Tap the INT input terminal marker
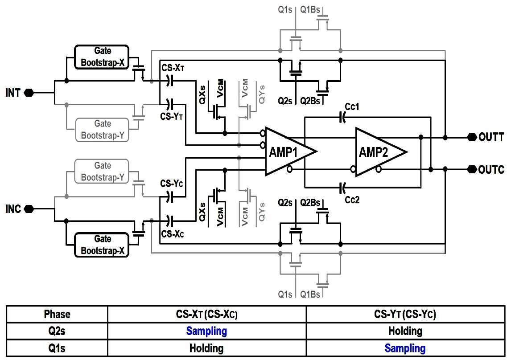[x=29, y=93]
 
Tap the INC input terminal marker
[x=29, y=209]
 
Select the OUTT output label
[x=491, y=137]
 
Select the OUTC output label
[x=491, y=169]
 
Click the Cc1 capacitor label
[x=352, y=106]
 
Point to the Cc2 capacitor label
[x=352, y=200]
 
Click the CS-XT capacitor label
[x=173, y=68]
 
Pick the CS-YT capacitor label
[x=171, y=116]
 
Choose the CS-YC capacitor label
[x=171, y=184]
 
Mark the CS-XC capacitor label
[x=173, y=234]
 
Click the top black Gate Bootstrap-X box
[x=102, y=57]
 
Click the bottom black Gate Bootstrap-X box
[x=102, y=245]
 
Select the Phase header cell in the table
[x=57, y=314]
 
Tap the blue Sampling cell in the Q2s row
[x=206, y=331]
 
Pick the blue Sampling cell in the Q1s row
[x=405, y=348]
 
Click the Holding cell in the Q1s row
[x=206, y=348]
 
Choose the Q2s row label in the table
[x=57, y=331]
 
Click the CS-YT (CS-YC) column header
[x=405, y=314]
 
